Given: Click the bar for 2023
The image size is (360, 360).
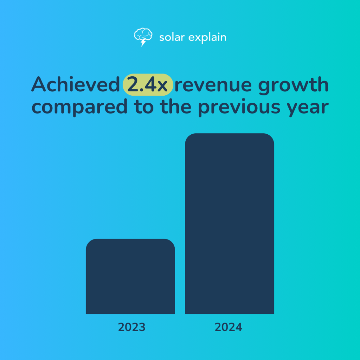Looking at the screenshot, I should [130, 276].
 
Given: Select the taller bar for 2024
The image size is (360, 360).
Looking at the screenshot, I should [229, 224].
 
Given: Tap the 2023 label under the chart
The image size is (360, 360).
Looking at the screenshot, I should [131, 327].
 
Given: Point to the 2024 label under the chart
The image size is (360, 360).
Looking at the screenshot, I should [229, 327].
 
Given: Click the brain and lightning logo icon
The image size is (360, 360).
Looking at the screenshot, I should [142, 37].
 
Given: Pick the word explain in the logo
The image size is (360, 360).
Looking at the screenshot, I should [207, 38].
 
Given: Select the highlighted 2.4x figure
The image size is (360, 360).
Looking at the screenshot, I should [148, 85].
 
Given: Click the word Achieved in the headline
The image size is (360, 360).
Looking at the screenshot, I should [75, 85].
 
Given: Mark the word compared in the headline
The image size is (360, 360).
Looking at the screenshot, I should [79, 107].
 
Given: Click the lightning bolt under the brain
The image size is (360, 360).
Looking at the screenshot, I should [143, 43].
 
